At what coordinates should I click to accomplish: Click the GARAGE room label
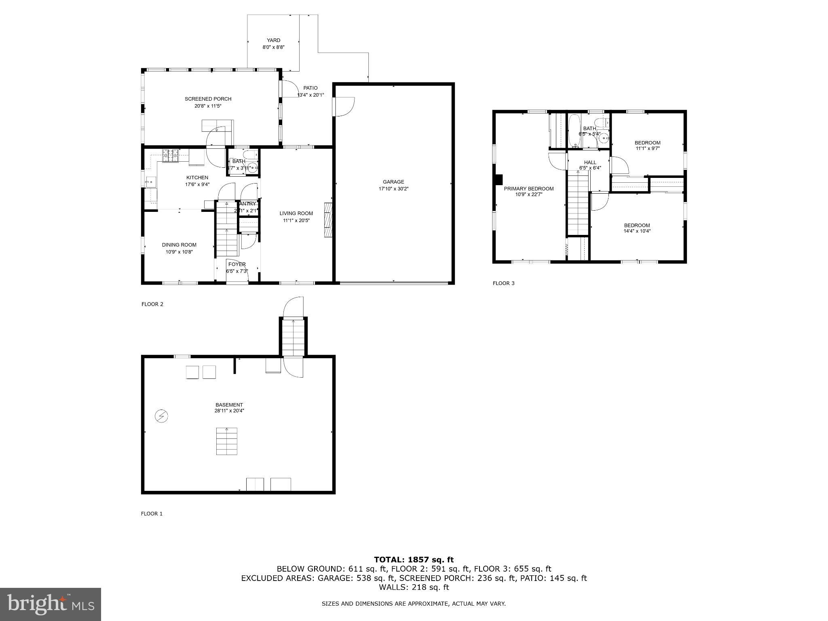(393, 182)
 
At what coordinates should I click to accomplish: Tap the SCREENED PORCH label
(208, 99)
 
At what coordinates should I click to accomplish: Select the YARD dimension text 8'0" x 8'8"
(273, 47)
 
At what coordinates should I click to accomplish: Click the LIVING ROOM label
(296, 213)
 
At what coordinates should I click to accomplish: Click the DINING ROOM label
(179, 245)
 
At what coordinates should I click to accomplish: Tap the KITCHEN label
(197, 177)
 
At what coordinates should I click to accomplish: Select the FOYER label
(237, 264)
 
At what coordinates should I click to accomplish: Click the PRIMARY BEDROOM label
(528, 189)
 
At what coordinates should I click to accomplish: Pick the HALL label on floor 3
(590, 163)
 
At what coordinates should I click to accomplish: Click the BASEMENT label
(229, 405)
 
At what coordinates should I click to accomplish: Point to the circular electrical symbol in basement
(162, 416)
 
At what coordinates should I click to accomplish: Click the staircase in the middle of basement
(226, 441)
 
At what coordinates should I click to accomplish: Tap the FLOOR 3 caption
(503, 283)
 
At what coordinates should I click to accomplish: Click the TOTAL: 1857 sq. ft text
(414, 560)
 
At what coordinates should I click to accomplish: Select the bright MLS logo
(51, 604)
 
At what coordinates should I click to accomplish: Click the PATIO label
(310, 88)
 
